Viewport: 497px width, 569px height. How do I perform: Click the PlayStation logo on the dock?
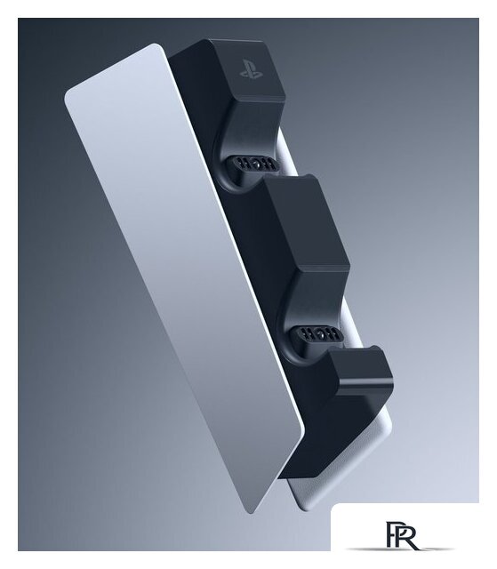251,69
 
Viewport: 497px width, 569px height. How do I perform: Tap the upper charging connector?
252,164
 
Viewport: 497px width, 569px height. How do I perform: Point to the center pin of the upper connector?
256,164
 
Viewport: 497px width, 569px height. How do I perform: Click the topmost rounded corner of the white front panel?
156,45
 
